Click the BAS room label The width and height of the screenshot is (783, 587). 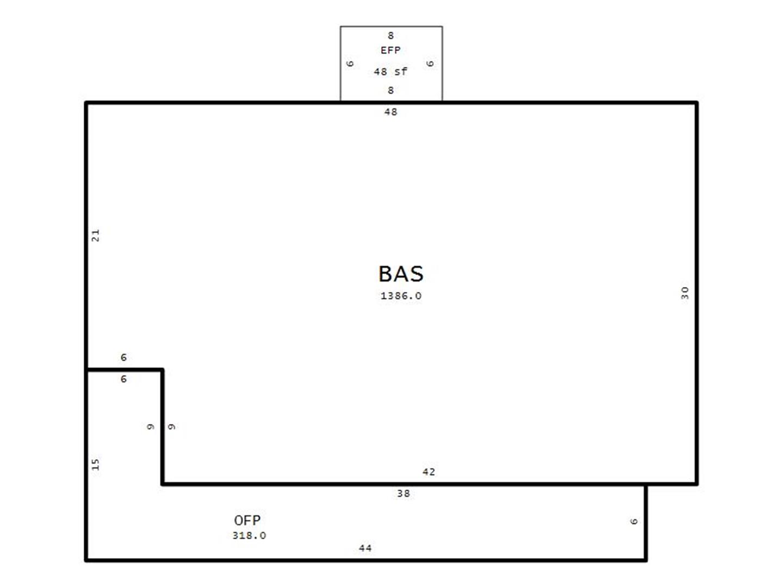tap(401, 274)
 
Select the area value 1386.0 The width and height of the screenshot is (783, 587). tap(401, 296)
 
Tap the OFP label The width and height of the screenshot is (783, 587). tap(247, 520)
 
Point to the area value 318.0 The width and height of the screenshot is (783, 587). tap(249, 535)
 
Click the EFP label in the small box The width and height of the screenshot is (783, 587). tap(390, 50)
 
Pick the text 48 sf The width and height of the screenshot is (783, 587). tap(390, 72)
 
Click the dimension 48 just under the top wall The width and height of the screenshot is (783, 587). tap(390, 112)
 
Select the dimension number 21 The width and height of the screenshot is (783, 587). tap(95, 235)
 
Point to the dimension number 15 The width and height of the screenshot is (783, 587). tap(95, 464)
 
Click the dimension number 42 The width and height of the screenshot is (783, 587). tap(428, 472)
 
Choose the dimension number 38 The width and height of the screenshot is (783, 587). tap(403, 494)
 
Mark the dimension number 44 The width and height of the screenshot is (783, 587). tap(365, 548)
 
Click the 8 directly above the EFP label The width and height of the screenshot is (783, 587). tap(390, 36)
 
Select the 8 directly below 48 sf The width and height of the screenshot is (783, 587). tap(390, 91)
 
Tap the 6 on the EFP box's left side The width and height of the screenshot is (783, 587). tap(350, 64)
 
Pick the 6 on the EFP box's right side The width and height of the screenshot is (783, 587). tap(430, 64)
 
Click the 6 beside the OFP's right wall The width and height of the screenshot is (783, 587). tap(633, 521)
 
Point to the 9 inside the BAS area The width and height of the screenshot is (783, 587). tap(171, 427)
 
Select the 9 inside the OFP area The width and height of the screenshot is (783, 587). tap(150, 427)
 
